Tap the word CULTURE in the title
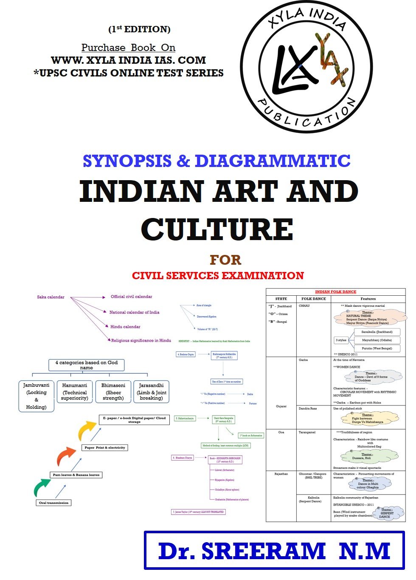pyautogui.click(x=217, y=229)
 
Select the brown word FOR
pyautogui.click(x=225, y=260)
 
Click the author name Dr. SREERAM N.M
pyautogui.click(x=274, y=551)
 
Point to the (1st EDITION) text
pyautogui.click(x=139, y=29)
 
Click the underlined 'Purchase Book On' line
pyautogui.click(x=128, y=48)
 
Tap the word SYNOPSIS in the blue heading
pyautogui.click(x=127, y=161)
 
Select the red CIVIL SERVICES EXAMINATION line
pyautogui.click(x=218, y=276)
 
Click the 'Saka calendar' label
pyautogui.click(x=51, y=297)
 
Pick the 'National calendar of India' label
pyautogui.click(x=134, y=312)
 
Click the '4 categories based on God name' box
pyautogui.click(x=86, y=365)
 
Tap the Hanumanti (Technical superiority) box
pyautogui.click(x=75, y=392)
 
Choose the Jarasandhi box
pyautogui.click(x=151, y=392)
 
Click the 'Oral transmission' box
pyautogui.click(x=53, y=503)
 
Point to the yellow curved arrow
pyautogui.click(x=87, y=430)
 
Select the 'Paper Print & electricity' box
pyautogui.click(x=104, y=447)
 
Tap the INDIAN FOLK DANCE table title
pyautogui.click(x=335, y=292)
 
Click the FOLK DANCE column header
pyautogui.click(x=313, y=299)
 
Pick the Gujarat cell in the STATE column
pyautogui.click(x=281, y=406)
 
